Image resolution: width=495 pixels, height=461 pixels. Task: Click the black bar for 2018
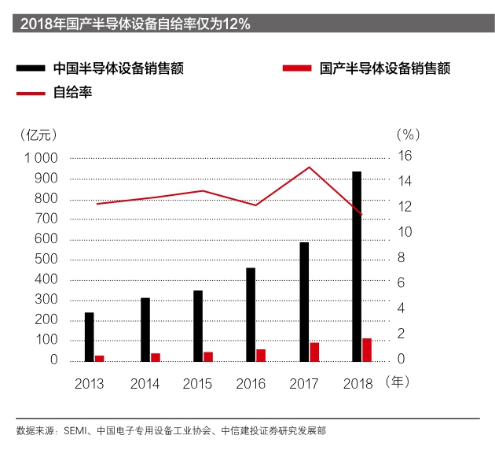(357, 267)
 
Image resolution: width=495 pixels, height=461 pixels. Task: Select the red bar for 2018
(367, 350)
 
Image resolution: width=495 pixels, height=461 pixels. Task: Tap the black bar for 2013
(89, 337)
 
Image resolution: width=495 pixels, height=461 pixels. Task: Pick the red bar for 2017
(314, 352)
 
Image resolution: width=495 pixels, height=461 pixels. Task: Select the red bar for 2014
(156, 357)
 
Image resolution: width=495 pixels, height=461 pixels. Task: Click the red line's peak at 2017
(310, 167)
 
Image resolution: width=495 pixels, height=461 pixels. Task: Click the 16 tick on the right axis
(403, 156)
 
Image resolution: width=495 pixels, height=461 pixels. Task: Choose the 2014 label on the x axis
(145, 385)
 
